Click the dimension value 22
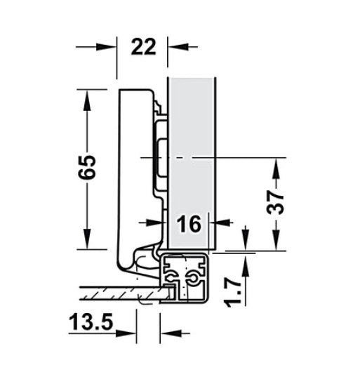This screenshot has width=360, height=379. click(x=142, y=47)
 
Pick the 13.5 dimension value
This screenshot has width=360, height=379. click(x=91, y=325)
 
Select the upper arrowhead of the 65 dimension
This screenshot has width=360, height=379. click(x=87, y=99)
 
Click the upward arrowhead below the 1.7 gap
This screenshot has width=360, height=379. click(x=245, y=265)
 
